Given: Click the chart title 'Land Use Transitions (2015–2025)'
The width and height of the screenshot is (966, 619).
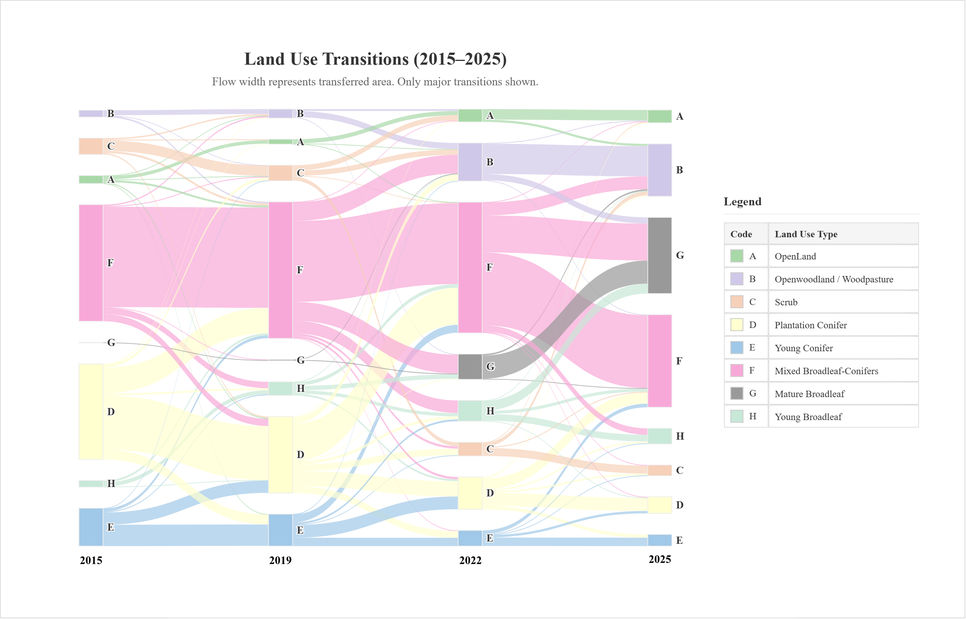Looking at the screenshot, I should tap(375, 59).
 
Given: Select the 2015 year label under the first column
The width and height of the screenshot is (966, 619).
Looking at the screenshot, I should tap(91, 560).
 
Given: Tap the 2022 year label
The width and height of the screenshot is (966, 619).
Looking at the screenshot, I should tap(470, 560).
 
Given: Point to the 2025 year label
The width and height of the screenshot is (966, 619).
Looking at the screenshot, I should tap(660, 559).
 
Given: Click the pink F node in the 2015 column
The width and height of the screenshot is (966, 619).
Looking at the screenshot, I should tap(91, 263).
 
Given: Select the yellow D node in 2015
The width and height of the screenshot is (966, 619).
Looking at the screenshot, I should tap(91, 411).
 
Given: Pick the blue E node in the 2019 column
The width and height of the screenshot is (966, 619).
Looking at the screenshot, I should tap(280, 530).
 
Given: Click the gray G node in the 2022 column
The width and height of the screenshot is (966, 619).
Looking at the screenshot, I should tap(470, 367).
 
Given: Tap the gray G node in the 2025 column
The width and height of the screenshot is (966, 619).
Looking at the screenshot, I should tap(660, 256).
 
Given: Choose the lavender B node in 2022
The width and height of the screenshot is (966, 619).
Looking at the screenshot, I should tap(470, 162).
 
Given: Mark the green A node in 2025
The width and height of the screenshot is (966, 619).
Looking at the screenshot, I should tap(660, 116).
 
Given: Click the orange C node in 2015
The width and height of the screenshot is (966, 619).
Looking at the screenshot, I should tap(91, 146).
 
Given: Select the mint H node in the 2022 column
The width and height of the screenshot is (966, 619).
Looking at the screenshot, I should tap(470, 411).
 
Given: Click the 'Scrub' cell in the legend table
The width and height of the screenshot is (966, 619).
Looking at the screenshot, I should tap(786, 302).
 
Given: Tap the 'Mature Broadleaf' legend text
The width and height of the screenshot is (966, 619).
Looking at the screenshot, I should tap(809, 394).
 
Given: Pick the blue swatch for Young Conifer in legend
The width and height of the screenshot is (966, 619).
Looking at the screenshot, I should tap(737, 348).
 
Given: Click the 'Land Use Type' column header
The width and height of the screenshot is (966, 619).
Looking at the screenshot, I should tap(806, 234).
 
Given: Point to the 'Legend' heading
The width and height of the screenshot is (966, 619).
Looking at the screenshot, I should tap(742, 202).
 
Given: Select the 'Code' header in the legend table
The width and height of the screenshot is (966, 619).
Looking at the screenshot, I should tap(741, 234).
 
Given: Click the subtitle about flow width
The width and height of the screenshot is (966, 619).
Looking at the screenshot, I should tap(375, 82).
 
